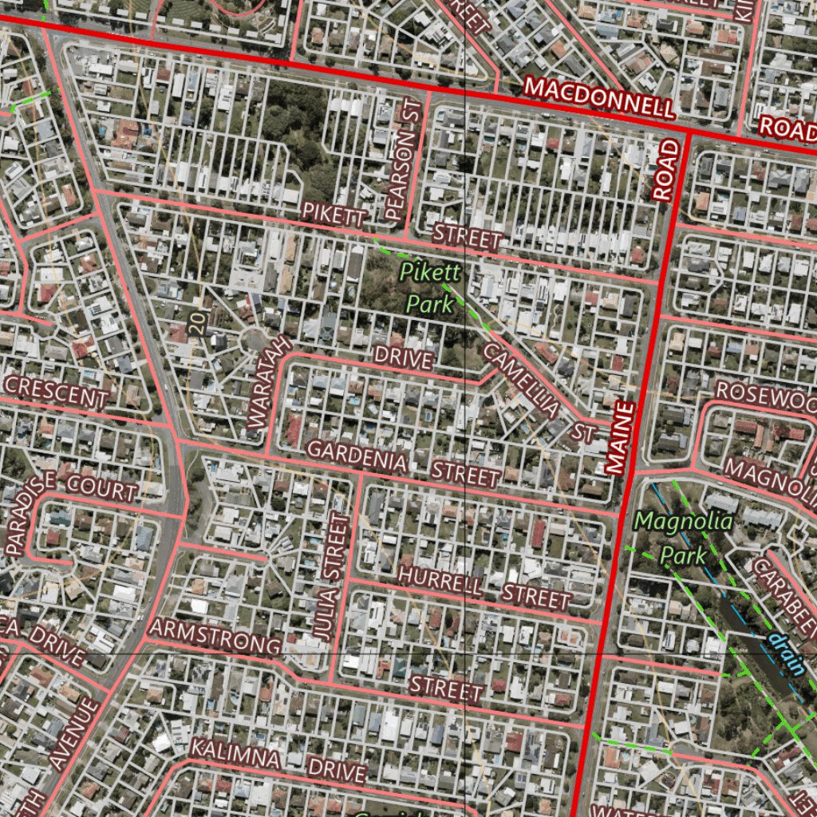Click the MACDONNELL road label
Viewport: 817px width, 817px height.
point(599,97)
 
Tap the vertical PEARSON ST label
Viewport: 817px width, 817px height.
point(401,160)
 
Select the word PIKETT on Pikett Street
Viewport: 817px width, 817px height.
point(334,213)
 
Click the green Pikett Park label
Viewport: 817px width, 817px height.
point(431,287)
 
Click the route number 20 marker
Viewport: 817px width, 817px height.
point(197,322)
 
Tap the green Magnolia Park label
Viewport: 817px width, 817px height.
point(683,538)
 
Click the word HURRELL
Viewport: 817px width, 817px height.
point(440,580)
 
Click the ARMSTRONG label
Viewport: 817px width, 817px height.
point(215,636)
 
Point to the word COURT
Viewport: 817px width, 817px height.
point(102,487)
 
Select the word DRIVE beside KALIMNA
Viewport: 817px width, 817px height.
point(337,769)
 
